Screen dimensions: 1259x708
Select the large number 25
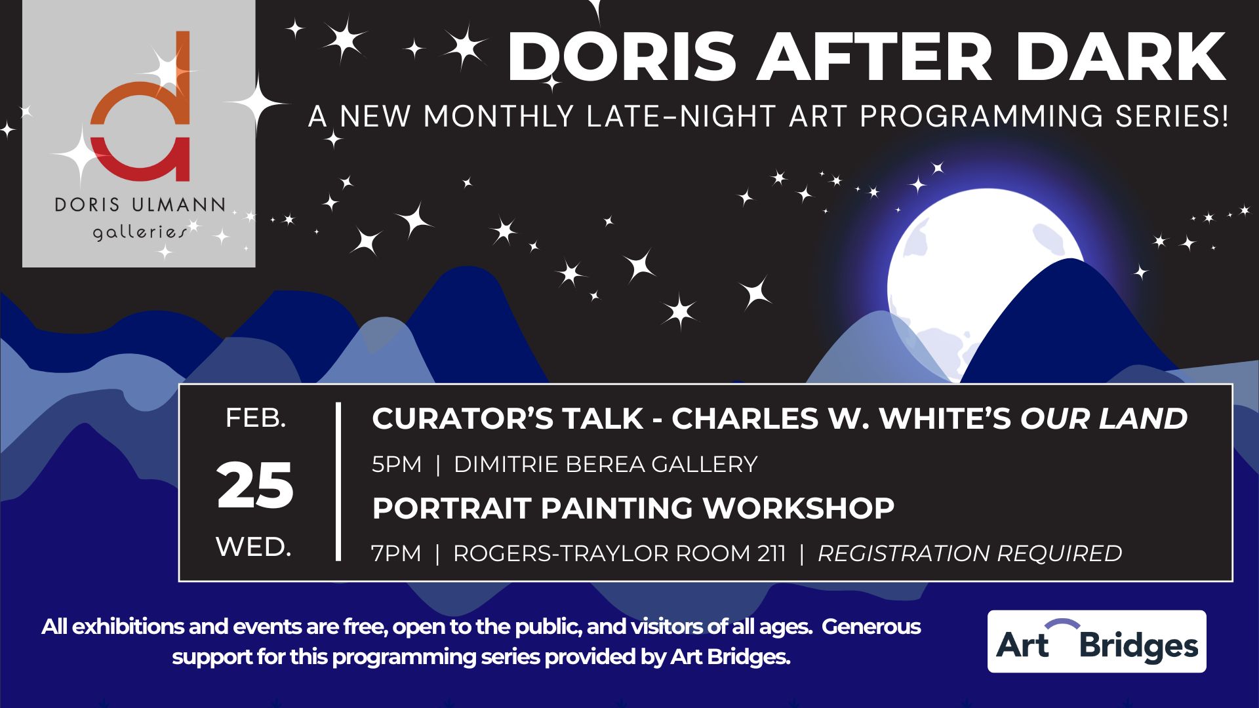click(255, 486)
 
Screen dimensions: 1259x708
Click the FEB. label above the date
click(256, 418)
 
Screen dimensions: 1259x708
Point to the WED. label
click(254, 547)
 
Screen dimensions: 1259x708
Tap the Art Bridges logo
click(1097, 641)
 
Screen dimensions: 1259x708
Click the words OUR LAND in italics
click(1104, 418)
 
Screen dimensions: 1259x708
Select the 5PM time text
click(397, 464)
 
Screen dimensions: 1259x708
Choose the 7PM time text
click(396, 553)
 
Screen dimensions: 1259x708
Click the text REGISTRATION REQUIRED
click(970, 553)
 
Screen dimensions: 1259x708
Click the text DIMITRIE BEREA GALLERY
click(606, 464)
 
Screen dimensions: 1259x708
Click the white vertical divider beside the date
click(338, 482)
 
